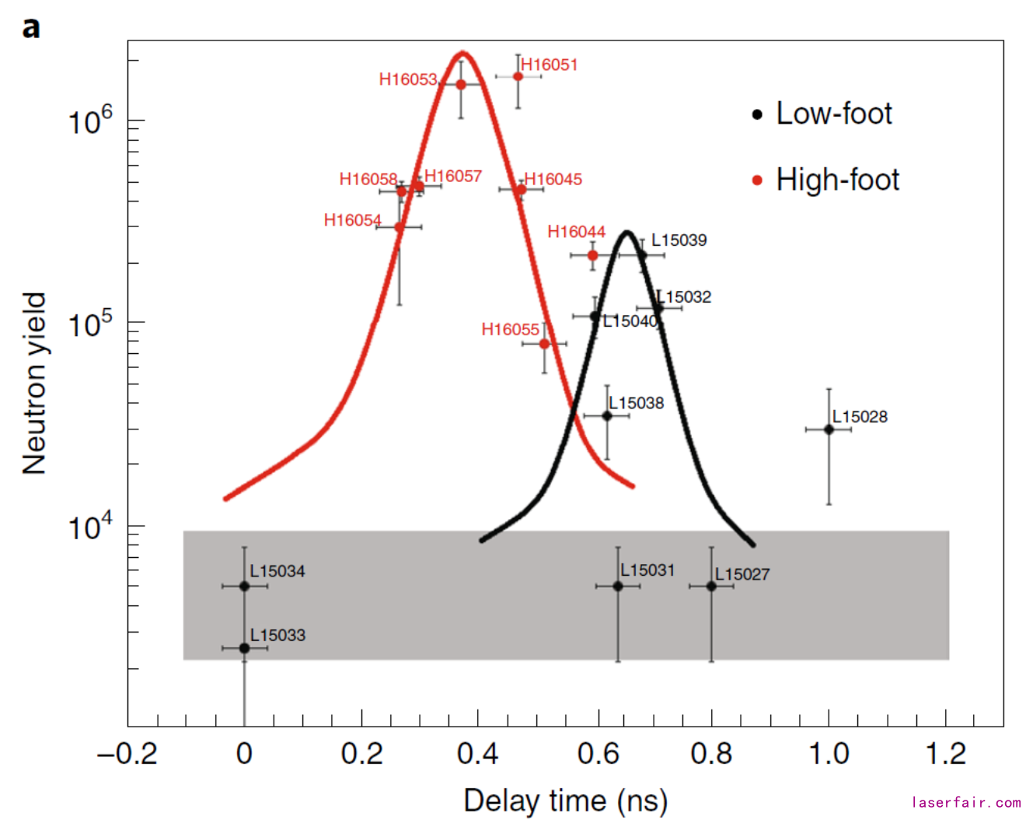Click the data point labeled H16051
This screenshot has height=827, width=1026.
tap(518, 76)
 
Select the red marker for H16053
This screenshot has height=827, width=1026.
tap(461, 84)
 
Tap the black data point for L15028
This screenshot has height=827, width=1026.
tap(829, 429)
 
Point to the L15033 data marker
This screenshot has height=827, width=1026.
tap(244, 648)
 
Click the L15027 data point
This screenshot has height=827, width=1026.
tap(711, 586)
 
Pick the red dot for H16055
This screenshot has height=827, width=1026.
tap(544, 344)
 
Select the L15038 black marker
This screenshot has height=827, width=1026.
tap(607, 416)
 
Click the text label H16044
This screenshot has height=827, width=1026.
tap(576, 232)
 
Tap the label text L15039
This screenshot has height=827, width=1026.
tap(679, 240)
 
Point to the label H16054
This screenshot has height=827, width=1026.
tap(352, 221)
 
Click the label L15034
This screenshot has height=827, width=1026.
tap(277, 572)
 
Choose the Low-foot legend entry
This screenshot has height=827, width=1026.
tap(833, 114)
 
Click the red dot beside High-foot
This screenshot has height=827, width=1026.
tap(757, 180)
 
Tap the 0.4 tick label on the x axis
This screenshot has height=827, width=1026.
tap(478, 754)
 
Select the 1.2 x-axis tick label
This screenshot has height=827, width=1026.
tap(946, 754)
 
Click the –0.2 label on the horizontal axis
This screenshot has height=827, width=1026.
tap(127, 754)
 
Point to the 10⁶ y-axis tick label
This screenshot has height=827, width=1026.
tap(90, 122)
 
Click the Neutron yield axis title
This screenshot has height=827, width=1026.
tap(35, 384)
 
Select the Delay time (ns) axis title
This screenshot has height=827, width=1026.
tap(565, 801)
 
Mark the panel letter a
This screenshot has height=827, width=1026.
tap(31, 28)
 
